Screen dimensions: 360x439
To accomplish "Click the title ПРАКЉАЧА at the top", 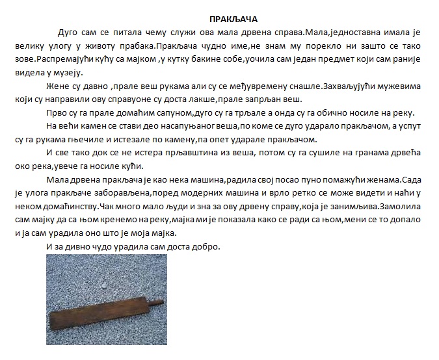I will pyautogui.click(x=230, y=20).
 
